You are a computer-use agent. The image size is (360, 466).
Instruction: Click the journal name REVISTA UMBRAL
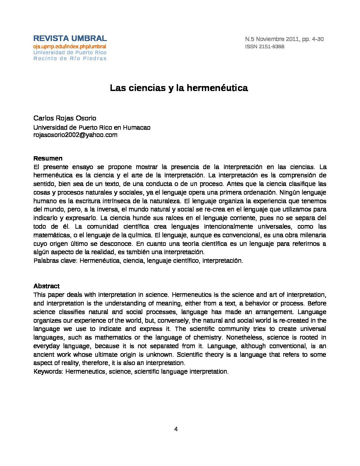70,38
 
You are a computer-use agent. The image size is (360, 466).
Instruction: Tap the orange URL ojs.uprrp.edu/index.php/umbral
69,47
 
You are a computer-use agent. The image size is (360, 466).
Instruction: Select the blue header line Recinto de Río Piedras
70,59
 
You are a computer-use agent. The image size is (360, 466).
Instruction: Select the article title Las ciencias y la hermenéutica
179,88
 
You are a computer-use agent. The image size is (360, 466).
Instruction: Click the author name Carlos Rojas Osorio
65,118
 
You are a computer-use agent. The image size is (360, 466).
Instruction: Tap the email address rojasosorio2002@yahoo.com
75,135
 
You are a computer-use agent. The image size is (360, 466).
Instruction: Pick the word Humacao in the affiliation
137,128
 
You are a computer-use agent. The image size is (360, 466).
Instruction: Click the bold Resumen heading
48,159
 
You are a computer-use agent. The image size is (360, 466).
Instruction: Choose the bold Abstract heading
47,286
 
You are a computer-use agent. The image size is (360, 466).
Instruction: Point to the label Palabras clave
55,261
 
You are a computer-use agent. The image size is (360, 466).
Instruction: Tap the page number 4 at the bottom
176,429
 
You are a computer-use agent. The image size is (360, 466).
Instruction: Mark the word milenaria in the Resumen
312,235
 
